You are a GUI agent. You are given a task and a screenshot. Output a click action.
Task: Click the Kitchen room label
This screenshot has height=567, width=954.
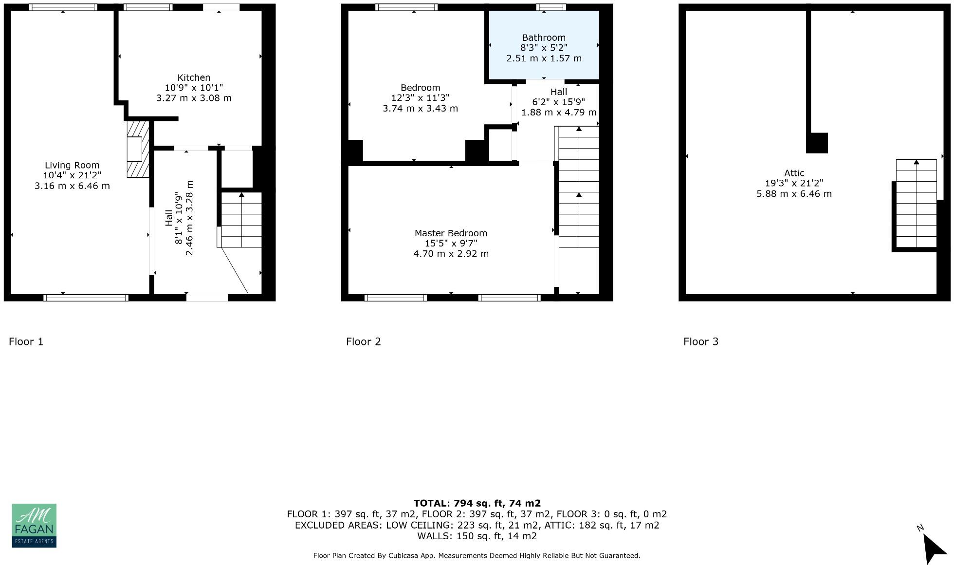tap(194, 77)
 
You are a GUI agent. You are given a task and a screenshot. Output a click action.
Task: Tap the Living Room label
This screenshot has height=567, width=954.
tap(72, 165)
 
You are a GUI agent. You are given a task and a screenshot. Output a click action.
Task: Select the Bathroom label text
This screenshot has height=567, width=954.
tap(544, 38)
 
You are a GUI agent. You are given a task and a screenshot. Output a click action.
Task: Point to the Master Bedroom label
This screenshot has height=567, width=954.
tap(451, 233)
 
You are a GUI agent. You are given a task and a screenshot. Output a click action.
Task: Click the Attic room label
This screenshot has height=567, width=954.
tap(794, 173)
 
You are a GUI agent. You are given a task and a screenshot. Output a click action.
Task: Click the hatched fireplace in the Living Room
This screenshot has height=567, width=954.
tap(137, 149)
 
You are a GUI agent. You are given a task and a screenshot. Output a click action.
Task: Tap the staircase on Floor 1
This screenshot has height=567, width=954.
tap(241, 220)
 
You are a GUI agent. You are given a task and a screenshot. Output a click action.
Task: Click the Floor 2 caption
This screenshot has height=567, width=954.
tap(363, 341)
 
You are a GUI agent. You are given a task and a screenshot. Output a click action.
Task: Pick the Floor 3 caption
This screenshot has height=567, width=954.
tap(700, 341)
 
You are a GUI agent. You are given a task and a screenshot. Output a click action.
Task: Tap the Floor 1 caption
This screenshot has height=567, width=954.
tap(26, 341)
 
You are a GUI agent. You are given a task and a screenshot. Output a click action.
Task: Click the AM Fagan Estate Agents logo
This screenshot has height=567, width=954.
tap(34, 525)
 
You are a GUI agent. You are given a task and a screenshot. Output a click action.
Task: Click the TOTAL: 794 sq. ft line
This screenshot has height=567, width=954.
tap(477, 503)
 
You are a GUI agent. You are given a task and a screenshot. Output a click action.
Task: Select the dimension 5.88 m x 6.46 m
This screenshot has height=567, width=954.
tap(794, 193)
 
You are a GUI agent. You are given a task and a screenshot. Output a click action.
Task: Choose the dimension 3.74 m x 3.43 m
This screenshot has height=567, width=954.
tap(420, 108)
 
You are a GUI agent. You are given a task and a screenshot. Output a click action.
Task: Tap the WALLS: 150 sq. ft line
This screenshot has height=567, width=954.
tap(477, 536)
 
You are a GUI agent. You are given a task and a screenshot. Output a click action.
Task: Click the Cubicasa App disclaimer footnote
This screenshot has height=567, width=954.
tap(477, 555)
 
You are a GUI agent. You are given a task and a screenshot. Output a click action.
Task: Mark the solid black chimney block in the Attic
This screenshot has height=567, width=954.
tap(817, 143)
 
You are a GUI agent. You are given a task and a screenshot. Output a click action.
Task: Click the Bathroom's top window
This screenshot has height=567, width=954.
tap(551, 7)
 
